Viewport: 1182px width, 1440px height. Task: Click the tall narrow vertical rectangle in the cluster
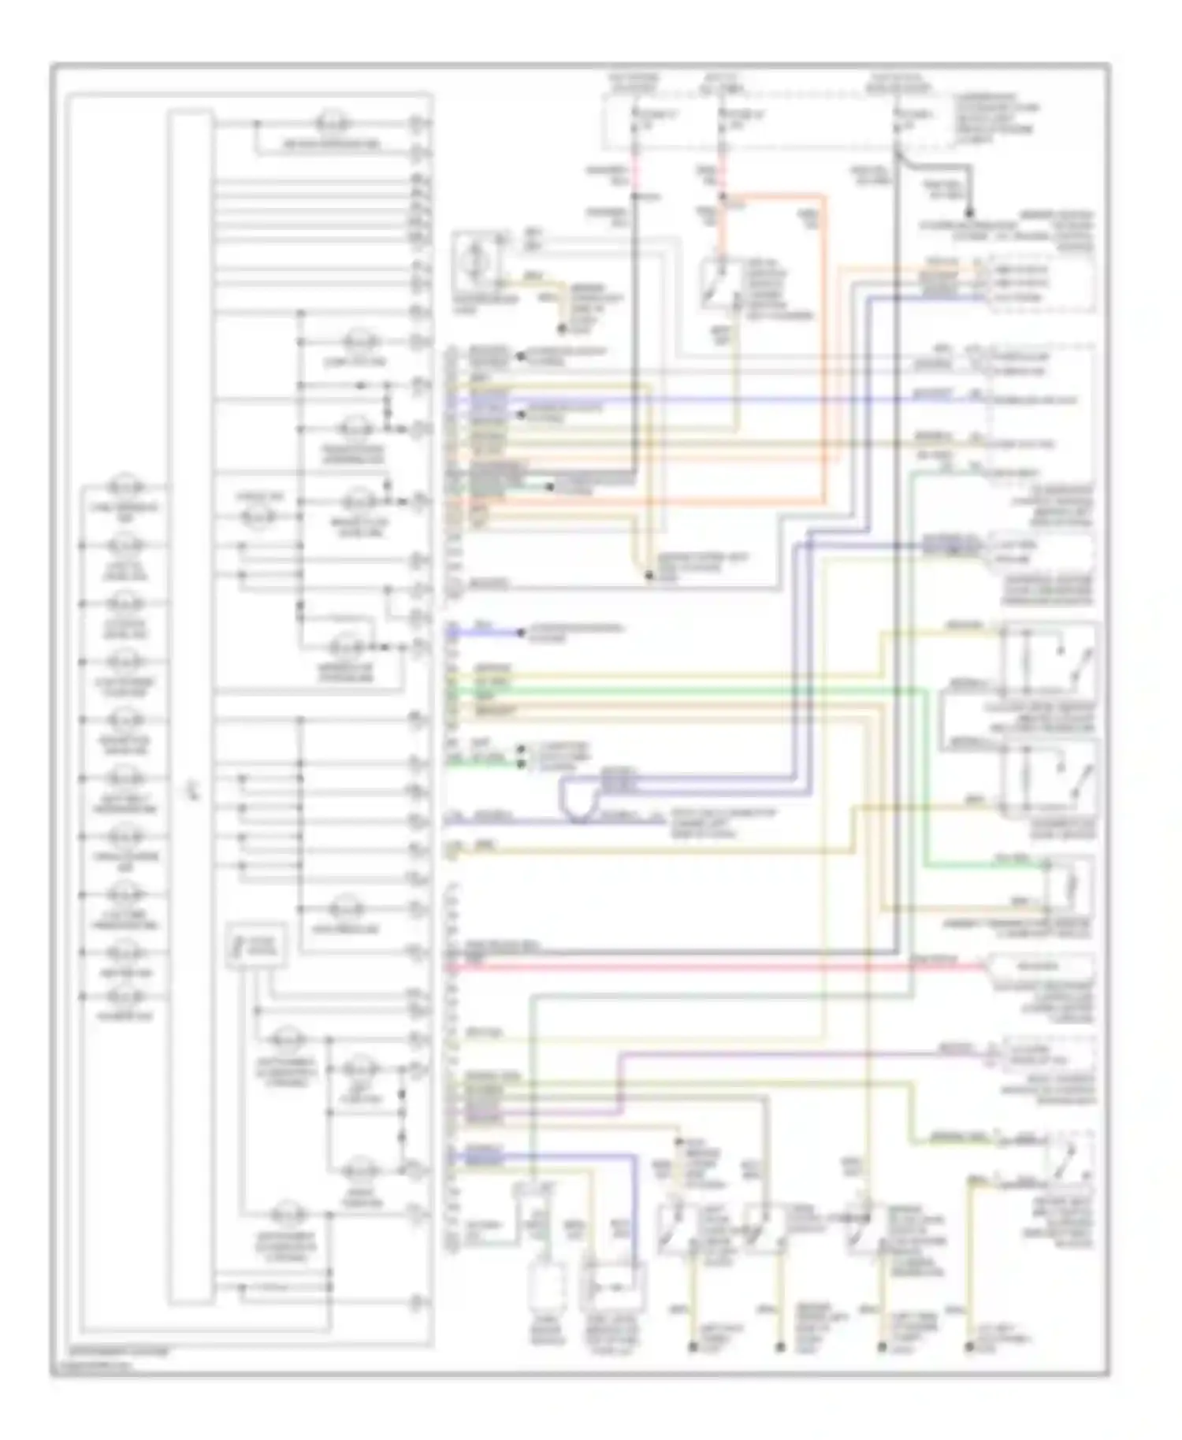(x=190, y=709)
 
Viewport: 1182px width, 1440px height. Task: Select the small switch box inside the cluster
(x=256, y=945)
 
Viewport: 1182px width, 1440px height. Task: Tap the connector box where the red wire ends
(x=1040, y=964)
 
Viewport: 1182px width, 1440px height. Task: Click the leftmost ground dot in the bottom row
(x=693, y=1347)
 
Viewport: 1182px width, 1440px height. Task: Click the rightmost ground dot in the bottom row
(x=970, y=1347)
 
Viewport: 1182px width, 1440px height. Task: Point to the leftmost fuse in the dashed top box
(x=634, y=126)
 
